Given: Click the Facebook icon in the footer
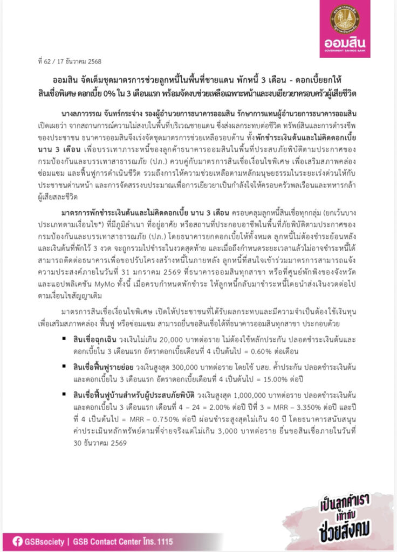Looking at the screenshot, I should click(x=17, y=541).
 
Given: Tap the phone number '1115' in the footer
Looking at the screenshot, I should click(x=208, y=541).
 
